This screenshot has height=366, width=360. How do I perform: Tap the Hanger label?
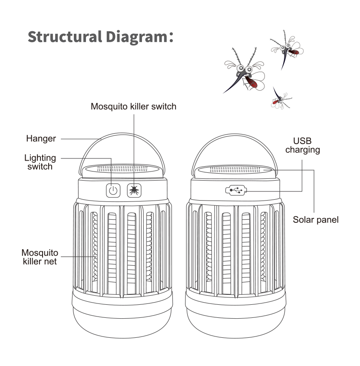pos(41,139)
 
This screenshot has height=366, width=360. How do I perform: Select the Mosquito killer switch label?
pos(133,106)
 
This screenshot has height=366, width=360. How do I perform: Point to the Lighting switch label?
pos(40,162)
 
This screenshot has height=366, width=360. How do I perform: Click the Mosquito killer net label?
pos(40,257)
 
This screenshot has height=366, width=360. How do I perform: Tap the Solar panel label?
pos(315,220)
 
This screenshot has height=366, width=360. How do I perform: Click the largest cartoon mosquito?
pos(244,73)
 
